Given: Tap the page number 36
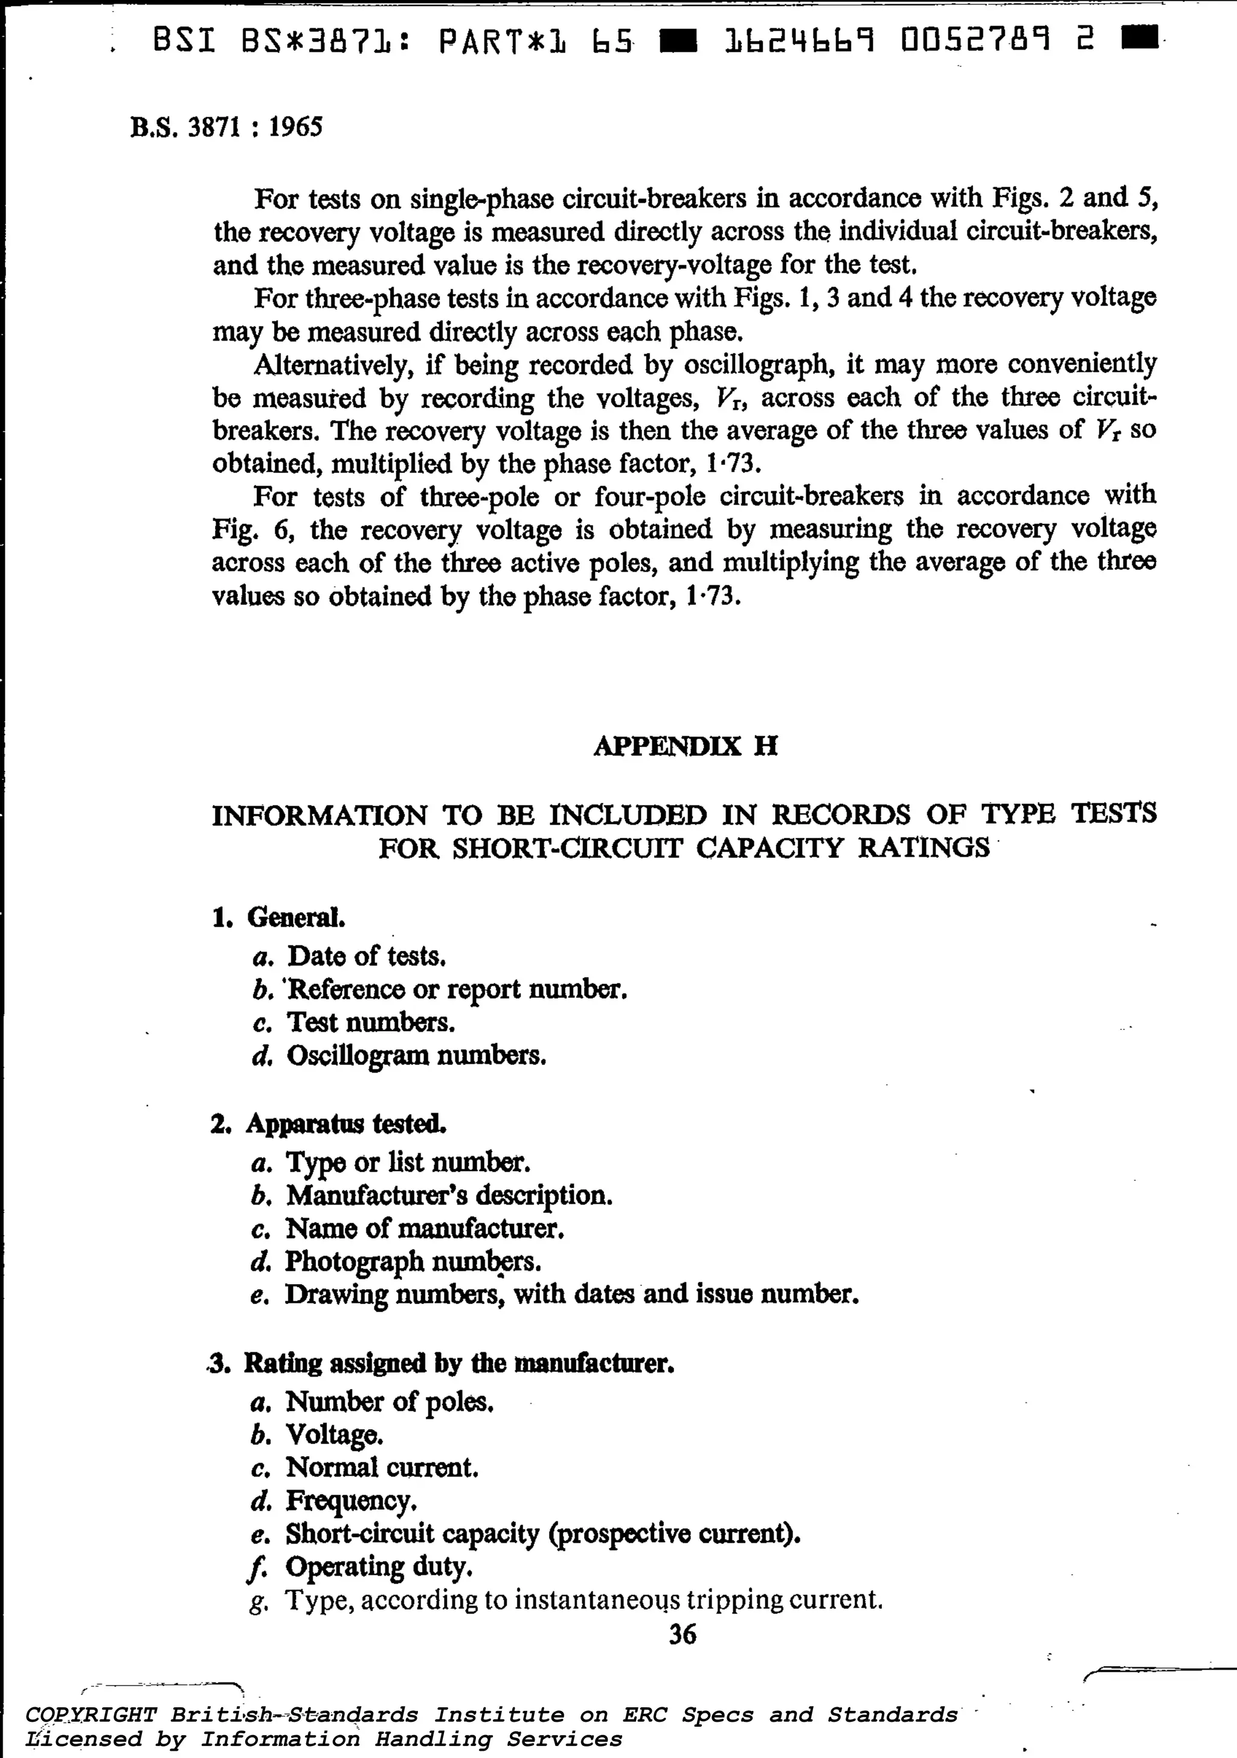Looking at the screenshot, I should (x=683, y=1635).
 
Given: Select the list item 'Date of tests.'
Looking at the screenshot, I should (x=366, y=956).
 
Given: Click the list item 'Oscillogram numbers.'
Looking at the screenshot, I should (x=416, y=1056).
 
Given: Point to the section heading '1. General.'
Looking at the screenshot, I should (x=279, y=917).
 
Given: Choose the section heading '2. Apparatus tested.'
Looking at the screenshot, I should (x=329, y=1124).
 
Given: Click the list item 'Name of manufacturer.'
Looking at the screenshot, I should (x=425, y=1228).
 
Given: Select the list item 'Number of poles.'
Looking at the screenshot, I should (x=389, y=1401).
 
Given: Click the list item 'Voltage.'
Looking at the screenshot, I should (x=334, y=1434).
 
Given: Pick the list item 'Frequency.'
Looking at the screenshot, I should (x=351, y=1500).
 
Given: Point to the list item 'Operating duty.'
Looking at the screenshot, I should (x=378, y=1567).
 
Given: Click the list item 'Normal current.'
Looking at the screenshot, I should (x=382, y=1467).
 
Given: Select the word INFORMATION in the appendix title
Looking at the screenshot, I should (x=320, y=816).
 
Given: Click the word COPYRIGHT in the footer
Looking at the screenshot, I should (x=91, y=1715).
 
